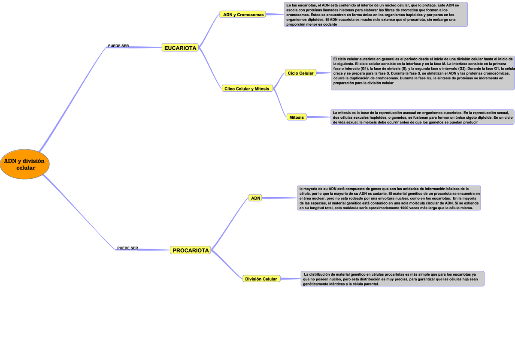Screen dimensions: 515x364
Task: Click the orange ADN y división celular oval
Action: [x=24, y=164]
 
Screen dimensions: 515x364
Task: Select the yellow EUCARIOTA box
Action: [x=180, y=48]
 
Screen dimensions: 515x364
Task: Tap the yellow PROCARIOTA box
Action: [x=191, y=250]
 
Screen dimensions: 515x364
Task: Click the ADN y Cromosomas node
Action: [x=242, y=14]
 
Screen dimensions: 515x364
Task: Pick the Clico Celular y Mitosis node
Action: [x=247, y=88]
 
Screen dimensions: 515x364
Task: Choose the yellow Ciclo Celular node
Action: [x=300, y=73]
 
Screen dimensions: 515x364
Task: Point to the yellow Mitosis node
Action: [x=297, y=117]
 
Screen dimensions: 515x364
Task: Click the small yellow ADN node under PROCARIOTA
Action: [x=255, y=198]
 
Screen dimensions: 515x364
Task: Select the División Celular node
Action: [x=261, y=279]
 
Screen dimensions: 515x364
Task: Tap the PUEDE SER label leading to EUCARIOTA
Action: [x=118, y=46]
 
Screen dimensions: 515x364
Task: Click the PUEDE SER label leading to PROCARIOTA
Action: [x=127, y=248]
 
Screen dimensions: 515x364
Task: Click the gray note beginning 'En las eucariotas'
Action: [x=376, y=15]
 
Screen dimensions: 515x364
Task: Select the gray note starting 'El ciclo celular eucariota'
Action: [x=423, y=73]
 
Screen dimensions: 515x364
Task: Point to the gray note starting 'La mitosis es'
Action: [x=422, y=117]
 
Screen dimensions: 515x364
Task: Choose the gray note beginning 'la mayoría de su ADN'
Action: [x=389, y=198]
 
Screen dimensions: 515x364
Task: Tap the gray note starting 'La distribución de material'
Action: [x=392, y=279]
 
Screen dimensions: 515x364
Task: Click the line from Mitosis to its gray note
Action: [x=318, y=117]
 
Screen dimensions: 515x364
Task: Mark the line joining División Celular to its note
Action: [x=291, y=279]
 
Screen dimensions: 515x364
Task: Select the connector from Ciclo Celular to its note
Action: [x=324, y=73]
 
